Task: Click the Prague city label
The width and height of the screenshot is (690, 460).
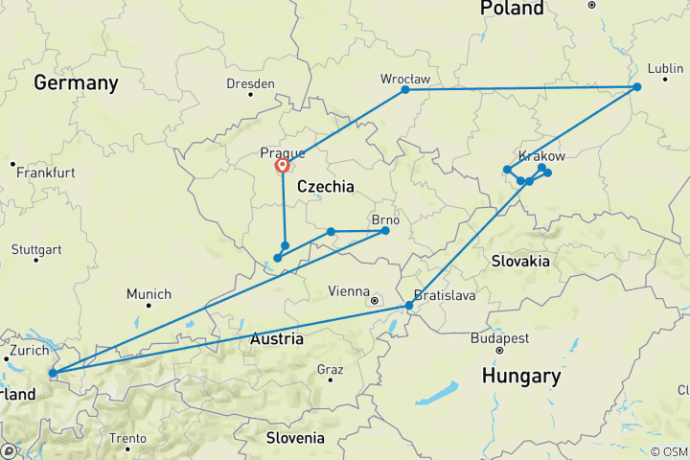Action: coord(283,152)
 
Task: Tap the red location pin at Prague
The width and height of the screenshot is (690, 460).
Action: coord(283,167)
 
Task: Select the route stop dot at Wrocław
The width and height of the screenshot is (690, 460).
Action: coord(405,89)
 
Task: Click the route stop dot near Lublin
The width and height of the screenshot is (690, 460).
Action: coord(636,87)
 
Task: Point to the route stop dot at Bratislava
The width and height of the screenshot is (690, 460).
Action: coord(409,306)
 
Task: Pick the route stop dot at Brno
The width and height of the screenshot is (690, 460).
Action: coord(385,230)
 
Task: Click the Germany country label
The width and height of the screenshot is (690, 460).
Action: coord(76,83)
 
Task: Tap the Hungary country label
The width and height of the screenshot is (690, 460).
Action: coord(521,376)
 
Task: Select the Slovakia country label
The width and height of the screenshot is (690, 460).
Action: coord(520,261)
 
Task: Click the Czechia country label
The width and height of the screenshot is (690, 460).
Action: coord(326,186)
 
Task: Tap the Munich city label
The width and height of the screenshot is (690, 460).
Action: coord(149,294)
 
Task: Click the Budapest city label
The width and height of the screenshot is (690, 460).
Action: coord(499,338)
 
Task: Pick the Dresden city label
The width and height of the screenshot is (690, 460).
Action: coord(250,83)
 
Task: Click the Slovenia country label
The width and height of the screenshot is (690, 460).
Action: coord(295,438)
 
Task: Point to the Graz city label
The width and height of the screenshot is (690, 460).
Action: coord(330,369)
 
